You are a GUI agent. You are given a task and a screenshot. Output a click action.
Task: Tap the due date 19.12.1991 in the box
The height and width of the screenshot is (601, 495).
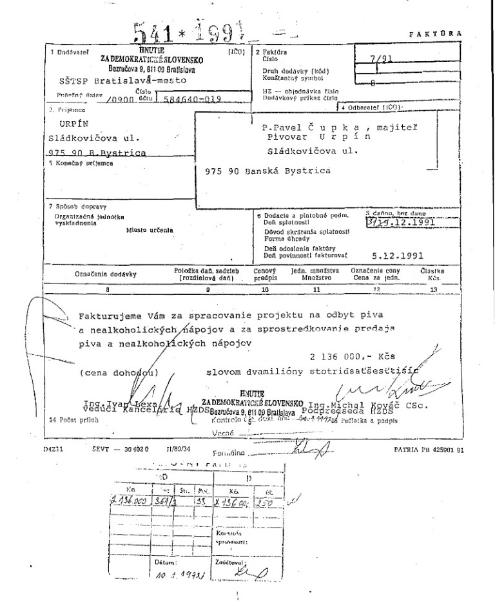pos(404,224)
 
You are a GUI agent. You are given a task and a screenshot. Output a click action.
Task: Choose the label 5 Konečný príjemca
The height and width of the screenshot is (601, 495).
pos(74,164)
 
